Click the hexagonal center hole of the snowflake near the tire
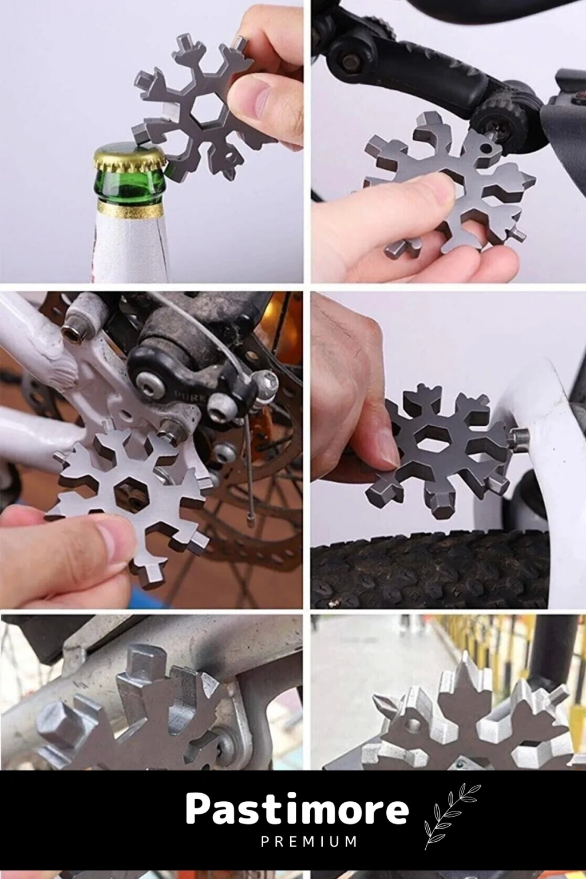point(434,441)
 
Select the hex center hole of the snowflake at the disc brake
point(128,490)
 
